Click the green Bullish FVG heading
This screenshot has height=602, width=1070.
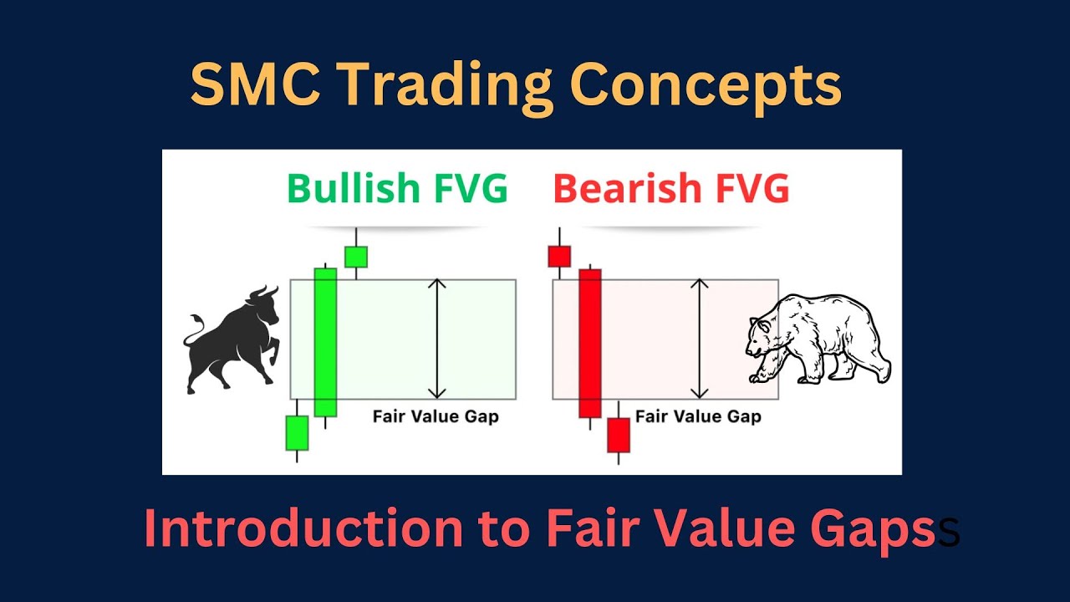click(x=397, y=189)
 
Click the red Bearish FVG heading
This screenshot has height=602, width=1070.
click(x=670, y=189)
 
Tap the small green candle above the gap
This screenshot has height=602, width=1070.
click(x=356, y=257)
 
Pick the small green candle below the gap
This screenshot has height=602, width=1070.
click(x=297, y=433)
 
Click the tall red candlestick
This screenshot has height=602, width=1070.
click(x=590, y=343)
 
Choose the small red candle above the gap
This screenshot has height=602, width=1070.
click(x=558, y=256)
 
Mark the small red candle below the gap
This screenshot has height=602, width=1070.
click(x=618, y=435)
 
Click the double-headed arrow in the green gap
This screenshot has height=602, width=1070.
click(x=437, y=339)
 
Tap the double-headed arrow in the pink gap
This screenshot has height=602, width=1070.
click(x=700, y=339)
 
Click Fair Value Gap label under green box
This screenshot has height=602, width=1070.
click(x=435, y=416)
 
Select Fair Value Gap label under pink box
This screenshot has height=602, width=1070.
click(x=698, y=416)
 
